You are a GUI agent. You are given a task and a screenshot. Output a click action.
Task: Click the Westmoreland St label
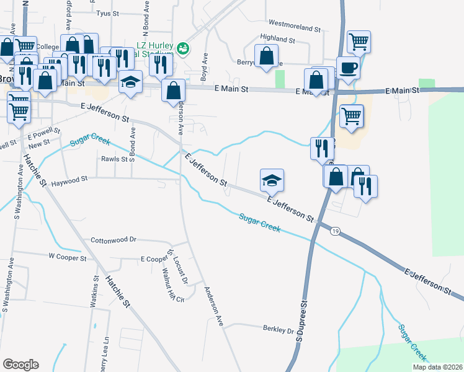[x=295, y=29]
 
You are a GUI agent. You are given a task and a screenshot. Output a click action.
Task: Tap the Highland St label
[x=277, y=38]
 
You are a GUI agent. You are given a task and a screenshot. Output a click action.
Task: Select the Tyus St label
[x=107, y=12]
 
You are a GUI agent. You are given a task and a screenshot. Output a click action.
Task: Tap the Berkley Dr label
[x=277, y=330]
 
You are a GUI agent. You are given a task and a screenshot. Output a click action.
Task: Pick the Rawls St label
[x=114, y=159]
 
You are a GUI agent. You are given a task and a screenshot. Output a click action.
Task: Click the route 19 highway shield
[x=335, y=230]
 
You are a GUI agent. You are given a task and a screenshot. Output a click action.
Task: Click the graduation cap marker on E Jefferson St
[x=272, y=180]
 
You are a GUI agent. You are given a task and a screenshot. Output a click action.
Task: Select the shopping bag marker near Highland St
[x=266, y=56]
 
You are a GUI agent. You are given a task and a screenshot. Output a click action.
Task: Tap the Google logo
[x=20, y=365]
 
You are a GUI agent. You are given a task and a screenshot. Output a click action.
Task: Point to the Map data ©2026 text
[x=437, y=367]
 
